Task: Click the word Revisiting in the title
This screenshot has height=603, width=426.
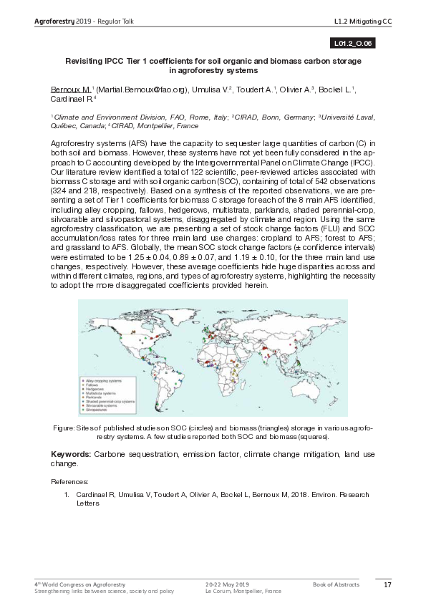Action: click(87, 62)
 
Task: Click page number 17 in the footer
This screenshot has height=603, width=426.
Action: click(387, 585)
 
